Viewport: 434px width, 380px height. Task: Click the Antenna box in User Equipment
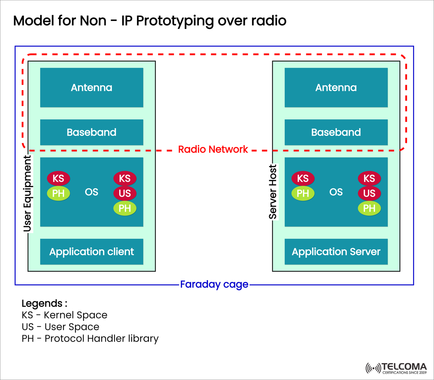click(92, 88)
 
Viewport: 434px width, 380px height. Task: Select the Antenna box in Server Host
click(336, 88)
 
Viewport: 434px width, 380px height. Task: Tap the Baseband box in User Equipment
click(92, 132)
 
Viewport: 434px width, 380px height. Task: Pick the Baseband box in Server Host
click(336, 132)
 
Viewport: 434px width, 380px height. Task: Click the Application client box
click(92, 252)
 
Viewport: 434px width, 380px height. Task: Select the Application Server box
click(336, 252)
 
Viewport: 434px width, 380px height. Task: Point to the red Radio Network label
click(213, 149)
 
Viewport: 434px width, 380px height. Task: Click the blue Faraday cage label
click(214, 284)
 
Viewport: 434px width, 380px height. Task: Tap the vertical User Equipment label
click(27, 193)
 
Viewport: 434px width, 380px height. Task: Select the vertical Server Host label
click(273, 192)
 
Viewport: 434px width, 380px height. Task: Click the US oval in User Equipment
click(125, 193)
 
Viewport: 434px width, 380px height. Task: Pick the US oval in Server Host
click(369, 193)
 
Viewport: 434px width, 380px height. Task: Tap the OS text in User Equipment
click(92, 192)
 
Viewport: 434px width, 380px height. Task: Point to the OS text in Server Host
click(336, 192)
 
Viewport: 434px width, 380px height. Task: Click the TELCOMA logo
click(396, 368)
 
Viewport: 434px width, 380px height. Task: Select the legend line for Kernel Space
click(64, 315)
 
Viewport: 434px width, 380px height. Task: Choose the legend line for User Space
click(60, 327)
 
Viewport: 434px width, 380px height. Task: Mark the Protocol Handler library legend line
click(90, 339)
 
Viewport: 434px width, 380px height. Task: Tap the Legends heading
click(44, 303)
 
